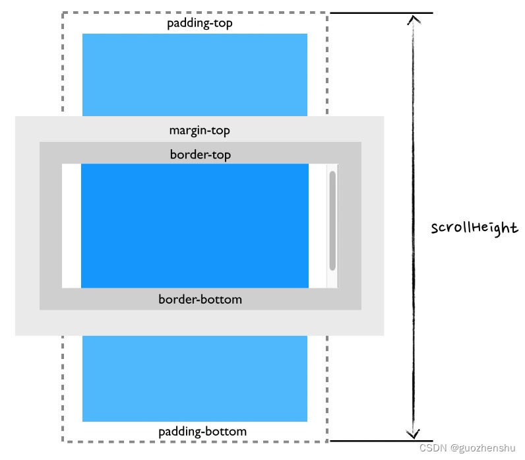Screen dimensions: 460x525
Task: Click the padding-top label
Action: [199, 23]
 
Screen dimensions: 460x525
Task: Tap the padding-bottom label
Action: [202, 432]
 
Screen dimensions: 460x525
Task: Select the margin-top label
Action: [199, 130]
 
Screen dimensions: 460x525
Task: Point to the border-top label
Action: [200, 154]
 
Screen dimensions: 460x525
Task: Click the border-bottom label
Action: [200, 299]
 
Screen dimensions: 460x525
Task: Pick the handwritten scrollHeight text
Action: [474, 228]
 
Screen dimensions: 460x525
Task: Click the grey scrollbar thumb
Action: [332, 220]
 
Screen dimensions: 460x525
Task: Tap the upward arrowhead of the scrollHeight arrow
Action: [413, 19]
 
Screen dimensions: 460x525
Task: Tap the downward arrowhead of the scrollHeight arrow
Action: [413, 434]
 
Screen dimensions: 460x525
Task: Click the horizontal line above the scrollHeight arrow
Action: [381, 13]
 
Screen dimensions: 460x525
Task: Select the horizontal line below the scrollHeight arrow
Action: [381, 441]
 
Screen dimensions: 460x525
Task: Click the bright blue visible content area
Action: [195, 226]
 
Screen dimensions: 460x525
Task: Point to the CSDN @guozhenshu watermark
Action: [468, 447]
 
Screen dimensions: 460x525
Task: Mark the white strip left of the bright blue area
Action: [71, 226]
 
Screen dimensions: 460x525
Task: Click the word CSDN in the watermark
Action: [433, 447]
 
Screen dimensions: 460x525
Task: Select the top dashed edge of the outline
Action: [195, 12]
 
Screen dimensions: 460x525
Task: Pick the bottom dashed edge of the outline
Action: [195, 442]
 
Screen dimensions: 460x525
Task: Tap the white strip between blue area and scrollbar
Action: [317, 226]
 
